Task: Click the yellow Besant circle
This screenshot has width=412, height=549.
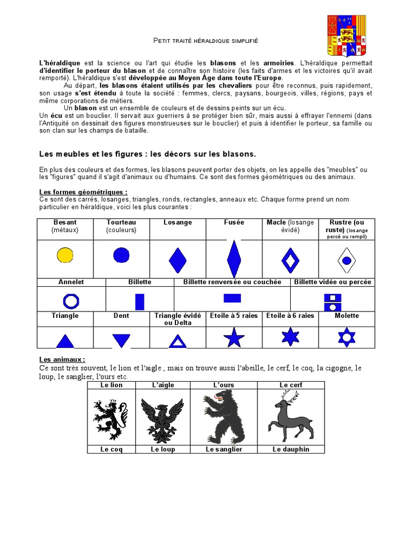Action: pos(65,256)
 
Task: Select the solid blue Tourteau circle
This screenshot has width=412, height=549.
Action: pos(121,256)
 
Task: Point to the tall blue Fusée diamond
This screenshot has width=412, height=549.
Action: pos(234,259)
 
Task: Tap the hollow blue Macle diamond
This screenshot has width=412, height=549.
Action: pos(290,261)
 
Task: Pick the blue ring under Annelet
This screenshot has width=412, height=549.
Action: pos(71,301)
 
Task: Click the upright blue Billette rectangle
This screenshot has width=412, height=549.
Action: pos(140,302)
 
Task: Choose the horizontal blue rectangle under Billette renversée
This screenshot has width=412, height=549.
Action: pos(232,298)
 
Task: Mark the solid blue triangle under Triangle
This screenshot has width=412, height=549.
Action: pos(65,341)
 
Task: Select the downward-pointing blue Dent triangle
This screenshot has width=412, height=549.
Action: pos(121,340)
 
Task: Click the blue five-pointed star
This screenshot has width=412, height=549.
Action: pos(233,338)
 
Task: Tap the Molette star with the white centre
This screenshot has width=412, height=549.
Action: pos(347,337)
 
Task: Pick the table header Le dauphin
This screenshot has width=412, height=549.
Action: pos(291,449)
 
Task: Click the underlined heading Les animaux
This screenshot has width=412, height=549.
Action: pos(62,359)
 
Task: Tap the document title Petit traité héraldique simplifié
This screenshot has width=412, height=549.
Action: pos(206,40)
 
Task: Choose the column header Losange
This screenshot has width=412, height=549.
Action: pos(178,222)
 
